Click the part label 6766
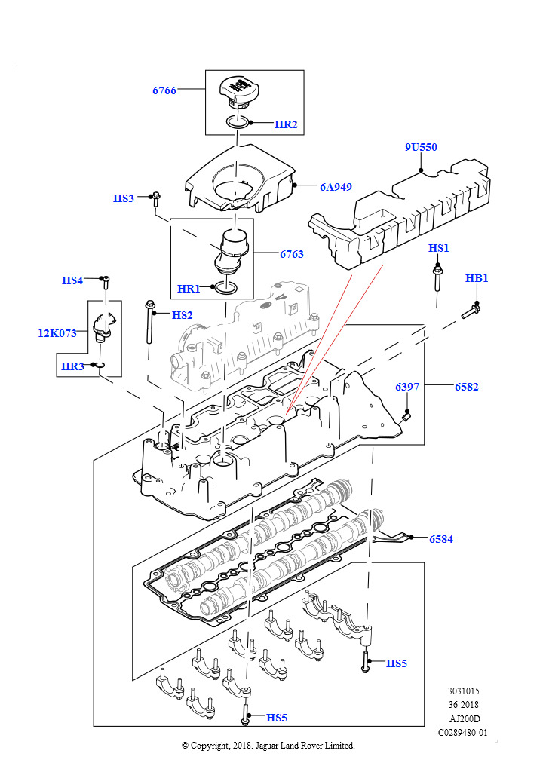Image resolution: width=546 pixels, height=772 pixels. [164, 90]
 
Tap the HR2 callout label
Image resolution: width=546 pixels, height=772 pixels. [286, 124]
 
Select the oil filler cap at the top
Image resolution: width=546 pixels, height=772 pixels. [238, 90]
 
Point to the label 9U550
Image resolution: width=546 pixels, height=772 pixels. [421, 147]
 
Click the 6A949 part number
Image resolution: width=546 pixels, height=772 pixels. [336, 187]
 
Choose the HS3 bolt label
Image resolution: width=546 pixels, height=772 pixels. [124, 198]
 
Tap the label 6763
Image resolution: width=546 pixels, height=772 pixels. [292, 254]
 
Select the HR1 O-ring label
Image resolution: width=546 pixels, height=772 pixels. [189, 289]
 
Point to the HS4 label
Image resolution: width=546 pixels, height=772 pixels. [72, 280]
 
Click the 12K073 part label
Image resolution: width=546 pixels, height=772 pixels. [57, 333]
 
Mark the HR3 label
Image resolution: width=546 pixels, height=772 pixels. [72, 366]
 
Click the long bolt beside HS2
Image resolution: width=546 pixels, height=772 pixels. [149, 323]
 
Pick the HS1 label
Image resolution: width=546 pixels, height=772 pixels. [439, 248]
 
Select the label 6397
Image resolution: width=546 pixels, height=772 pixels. [407, 387]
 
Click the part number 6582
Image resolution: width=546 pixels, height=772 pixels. [467, 387]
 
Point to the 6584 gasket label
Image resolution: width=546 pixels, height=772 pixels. [441, 539]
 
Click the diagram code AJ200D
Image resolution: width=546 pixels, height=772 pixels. [465, 718]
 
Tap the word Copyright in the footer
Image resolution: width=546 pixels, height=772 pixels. [210, 746]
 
